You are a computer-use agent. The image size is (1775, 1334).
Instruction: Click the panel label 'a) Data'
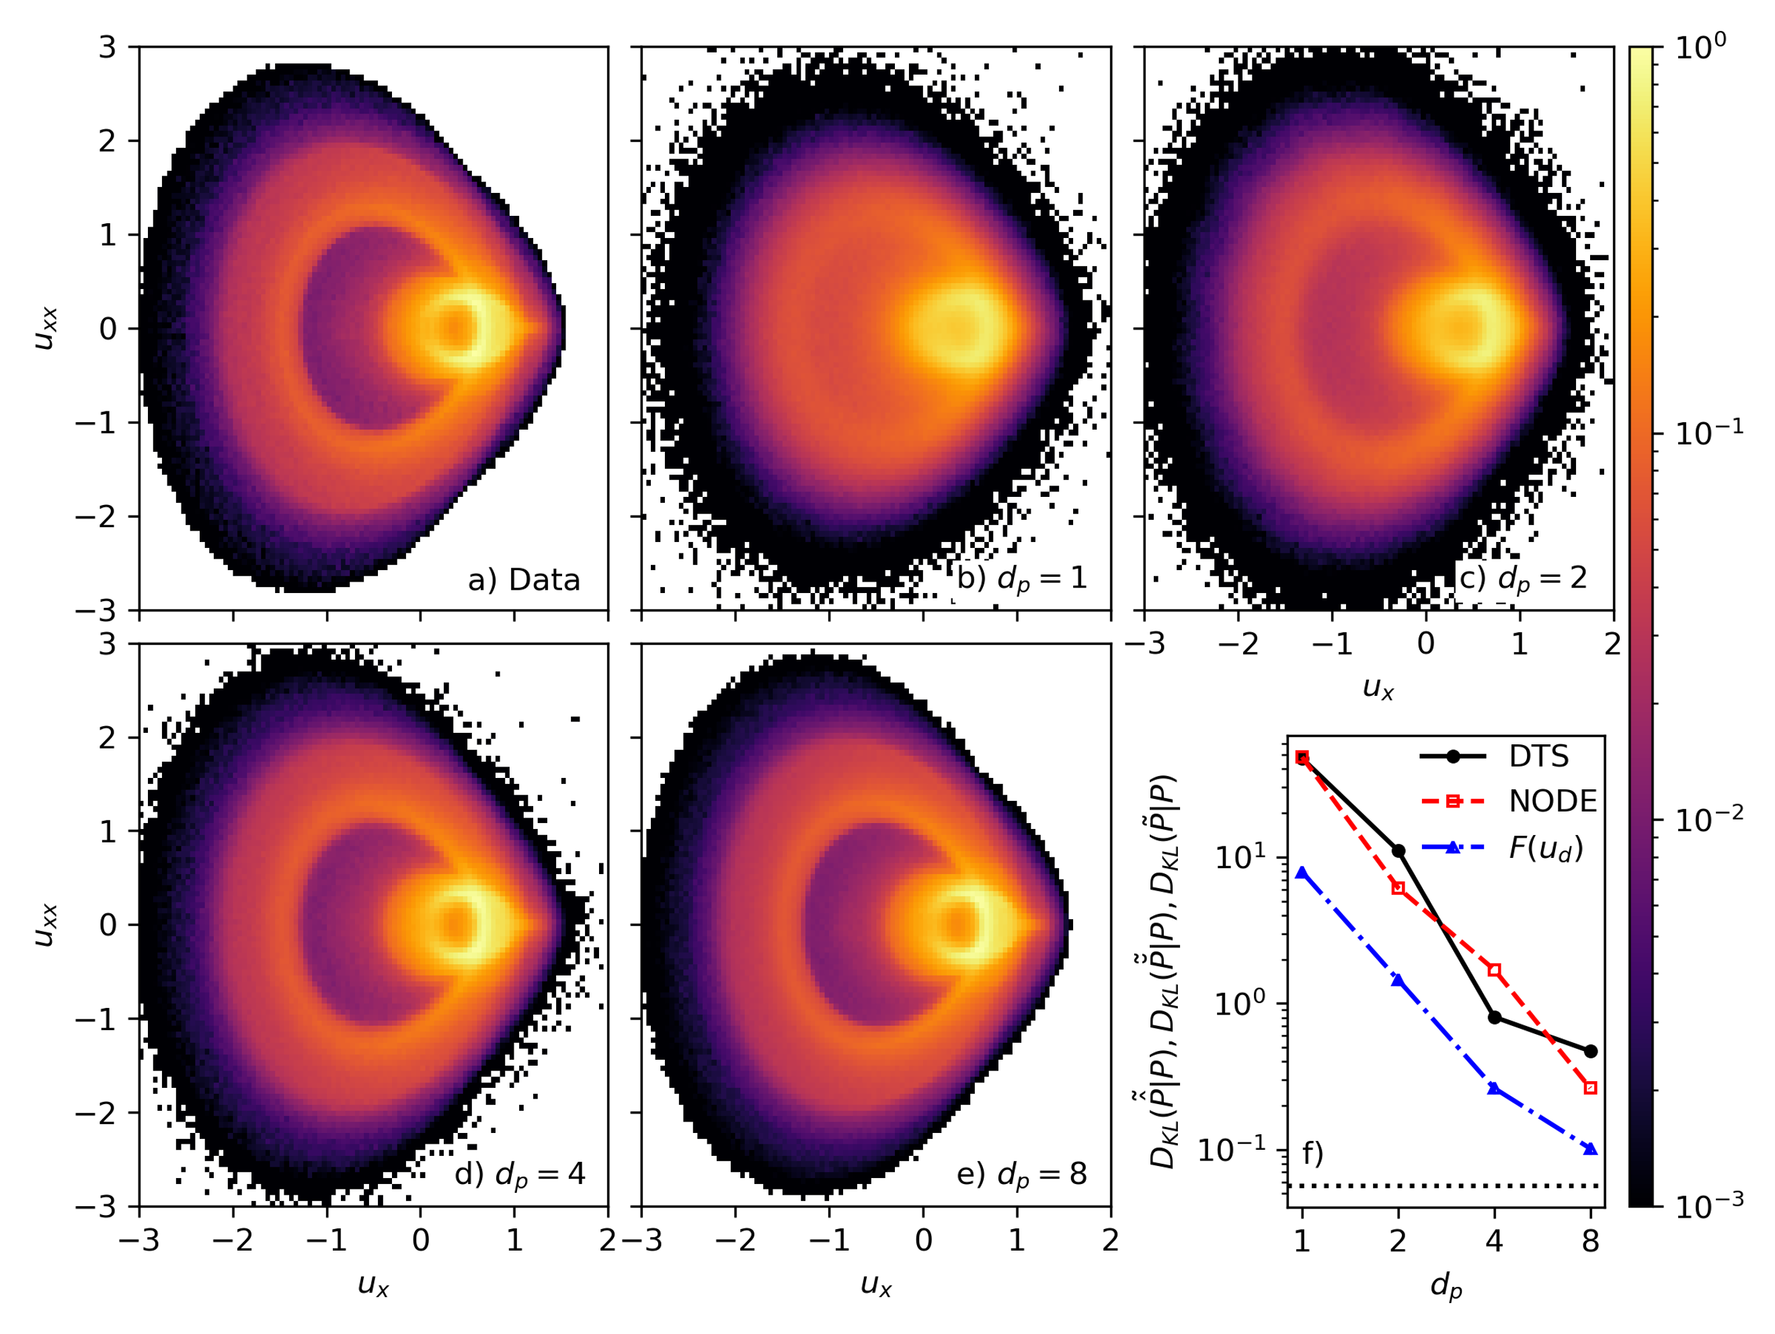pyautogui.click(x=523, y=580)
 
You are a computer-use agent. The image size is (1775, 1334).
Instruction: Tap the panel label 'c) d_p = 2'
pyautogui.click(x=1522, y=578)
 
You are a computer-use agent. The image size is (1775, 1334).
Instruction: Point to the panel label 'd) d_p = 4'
pyautogui.click(x=520, y=1174)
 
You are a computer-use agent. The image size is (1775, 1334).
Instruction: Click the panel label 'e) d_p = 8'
pyautogui.click(x=1021, y=1174)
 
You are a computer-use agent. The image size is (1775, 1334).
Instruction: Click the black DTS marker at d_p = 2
pyautogui.click(x=1398, y=851)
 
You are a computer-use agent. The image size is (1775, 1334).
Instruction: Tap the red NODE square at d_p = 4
pyautogui.click(x=1494, y=970)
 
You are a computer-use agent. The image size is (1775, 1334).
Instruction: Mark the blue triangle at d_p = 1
pyautogui.click(x=1302, y=873)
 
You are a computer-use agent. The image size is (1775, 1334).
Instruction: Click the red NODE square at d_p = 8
pyautogui.click(x=1590, y=1088)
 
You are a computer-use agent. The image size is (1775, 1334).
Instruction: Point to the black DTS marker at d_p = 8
pyautogui.click(x=1590, y=1051)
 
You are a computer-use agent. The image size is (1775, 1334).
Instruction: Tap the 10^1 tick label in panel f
pyautogui.click(x=1240, y=857)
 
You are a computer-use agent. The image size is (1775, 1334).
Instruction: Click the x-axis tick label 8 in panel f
pyautogui.click(x=1590, y=1242)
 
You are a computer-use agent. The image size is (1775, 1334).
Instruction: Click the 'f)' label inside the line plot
pyautogui.click(x=1312, y=1153)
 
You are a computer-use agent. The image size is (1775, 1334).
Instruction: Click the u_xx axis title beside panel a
pyautogui.click(x=46, y=328)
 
